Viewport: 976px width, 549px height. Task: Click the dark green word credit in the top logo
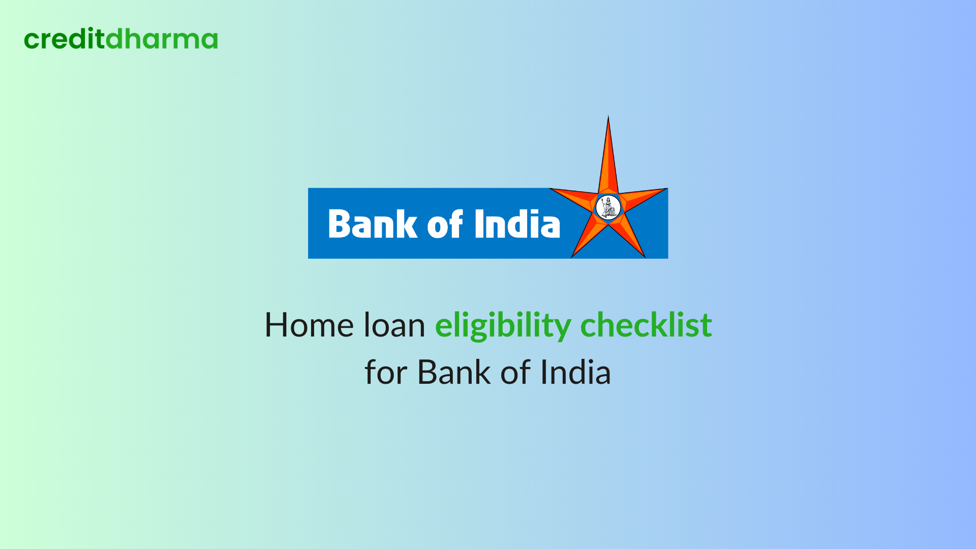(65, 40)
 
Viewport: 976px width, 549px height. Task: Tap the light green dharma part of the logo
(162, 40)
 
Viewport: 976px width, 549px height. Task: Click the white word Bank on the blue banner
(372, 224)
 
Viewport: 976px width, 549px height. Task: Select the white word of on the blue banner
(445, 224)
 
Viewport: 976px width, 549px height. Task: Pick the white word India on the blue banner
(517, 224)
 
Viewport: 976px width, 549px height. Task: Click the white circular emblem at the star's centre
(608, 207)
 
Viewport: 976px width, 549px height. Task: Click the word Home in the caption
(309, 325)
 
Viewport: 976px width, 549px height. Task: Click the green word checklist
(646, 325)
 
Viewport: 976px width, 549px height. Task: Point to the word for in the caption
(386, 373)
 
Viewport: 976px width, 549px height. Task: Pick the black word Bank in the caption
(453, 373)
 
